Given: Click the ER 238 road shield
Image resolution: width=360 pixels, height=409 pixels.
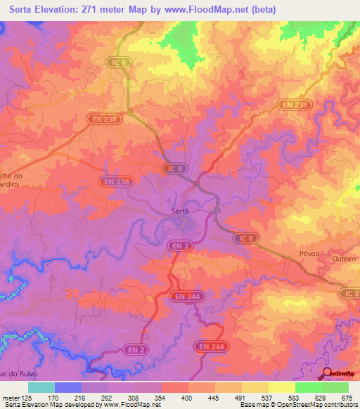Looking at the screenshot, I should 103,120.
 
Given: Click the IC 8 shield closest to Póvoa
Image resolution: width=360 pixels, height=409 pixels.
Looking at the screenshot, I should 245,239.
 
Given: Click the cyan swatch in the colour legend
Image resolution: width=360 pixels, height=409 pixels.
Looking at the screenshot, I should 41,387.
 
